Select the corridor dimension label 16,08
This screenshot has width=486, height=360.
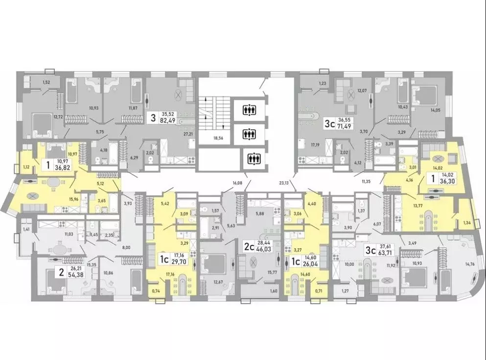pos(238,182)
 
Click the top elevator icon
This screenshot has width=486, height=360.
pos(249,109)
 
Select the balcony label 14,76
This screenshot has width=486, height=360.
pos(469,264)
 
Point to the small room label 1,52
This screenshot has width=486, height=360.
pos(47,83)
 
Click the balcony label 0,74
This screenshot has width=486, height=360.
pos(156,291)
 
